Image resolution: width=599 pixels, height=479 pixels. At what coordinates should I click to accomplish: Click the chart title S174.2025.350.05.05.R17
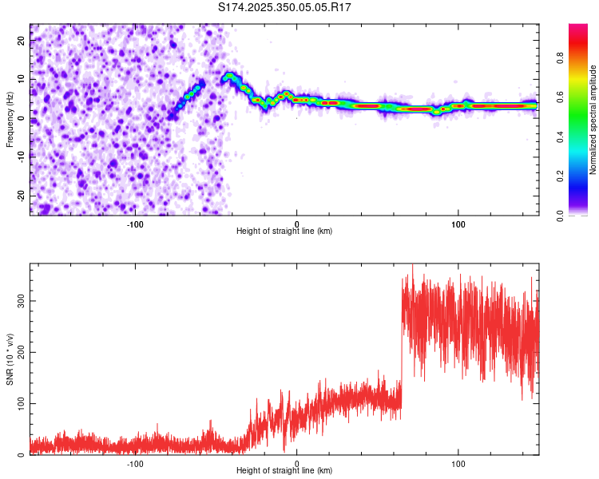tap(285, 7)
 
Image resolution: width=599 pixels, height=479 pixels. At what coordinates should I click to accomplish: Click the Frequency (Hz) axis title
tap(10, 120)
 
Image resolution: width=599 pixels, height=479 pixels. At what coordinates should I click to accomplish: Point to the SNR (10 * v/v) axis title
tap(10, 359)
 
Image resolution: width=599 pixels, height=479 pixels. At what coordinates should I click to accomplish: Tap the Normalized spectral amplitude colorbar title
tap(593, 120)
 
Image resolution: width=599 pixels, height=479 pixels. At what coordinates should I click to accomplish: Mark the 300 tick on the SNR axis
tap(21, 300)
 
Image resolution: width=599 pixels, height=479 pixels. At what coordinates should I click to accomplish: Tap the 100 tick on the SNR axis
tap(21, 403)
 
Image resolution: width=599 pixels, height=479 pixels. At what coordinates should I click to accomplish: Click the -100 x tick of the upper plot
tap(134, 223)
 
